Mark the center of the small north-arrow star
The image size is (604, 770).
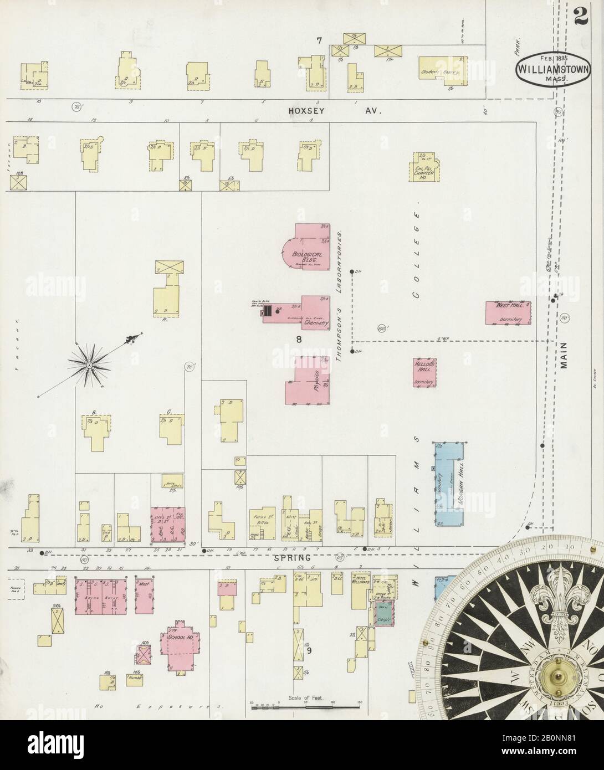pos(88,364)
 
